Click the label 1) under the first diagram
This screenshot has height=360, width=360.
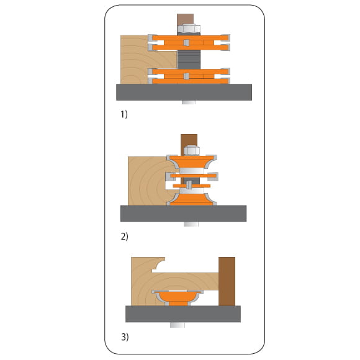point(124,114)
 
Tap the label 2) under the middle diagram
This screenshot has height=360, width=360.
point(124,236)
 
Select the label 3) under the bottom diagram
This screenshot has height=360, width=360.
point(125,337)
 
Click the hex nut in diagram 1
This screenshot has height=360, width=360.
point(189,29)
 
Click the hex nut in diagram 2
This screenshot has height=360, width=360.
point(192,150)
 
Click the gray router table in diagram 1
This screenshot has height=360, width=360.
point(184,92)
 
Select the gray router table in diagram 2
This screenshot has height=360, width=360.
point(183,214)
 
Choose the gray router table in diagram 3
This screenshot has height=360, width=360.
point(183,314)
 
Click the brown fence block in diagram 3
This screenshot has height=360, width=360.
point(227,281)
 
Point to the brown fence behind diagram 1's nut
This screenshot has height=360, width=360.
point(186,19)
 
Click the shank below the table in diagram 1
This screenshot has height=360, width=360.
point(189,102)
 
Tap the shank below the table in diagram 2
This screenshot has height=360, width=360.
point(191,224)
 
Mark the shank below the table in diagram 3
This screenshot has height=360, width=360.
point(178,325)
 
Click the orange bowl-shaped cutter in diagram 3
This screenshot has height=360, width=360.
point(178,298)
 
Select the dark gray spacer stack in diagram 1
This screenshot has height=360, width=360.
point(189,60)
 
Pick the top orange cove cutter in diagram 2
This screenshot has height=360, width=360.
point(192,162)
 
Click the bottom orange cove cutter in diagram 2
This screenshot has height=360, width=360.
point(192,199)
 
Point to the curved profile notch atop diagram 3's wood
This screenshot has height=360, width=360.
point(158,264)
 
